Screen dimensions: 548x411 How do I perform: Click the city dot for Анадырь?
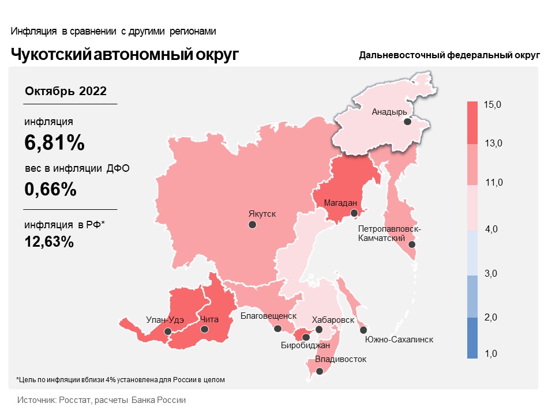[407, 122]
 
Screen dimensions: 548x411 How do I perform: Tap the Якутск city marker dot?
[252, 225]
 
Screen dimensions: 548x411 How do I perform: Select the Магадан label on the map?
[340, 203]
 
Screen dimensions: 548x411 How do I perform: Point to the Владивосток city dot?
[320, 371]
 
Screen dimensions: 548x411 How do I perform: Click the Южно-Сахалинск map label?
[399, 340]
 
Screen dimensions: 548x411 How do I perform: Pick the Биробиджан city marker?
[306, 337]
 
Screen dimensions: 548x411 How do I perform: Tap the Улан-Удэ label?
[165, 320]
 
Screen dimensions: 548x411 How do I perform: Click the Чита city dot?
[204, 329]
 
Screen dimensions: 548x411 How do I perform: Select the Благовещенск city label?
[268, 316]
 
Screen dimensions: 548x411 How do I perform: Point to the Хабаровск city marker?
[319, 329]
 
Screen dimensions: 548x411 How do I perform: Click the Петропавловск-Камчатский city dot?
[412, 244]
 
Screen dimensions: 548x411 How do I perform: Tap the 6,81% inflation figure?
[55, 142]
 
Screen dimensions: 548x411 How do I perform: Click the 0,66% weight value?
[51, 189]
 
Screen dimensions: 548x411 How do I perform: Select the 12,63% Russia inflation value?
[49, 242]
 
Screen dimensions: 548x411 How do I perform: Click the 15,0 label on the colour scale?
[493, 104]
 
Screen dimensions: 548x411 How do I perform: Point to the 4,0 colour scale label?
[491, 229]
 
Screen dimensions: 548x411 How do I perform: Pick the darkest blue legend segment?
[472, 338]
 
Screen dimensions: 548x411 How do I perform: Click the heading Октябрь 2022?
[66, 91]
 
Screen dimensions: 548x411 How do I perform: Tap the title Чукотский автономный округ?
[125, 55]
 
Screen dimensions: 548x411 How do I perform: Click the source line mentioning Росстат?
[102, 400]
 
